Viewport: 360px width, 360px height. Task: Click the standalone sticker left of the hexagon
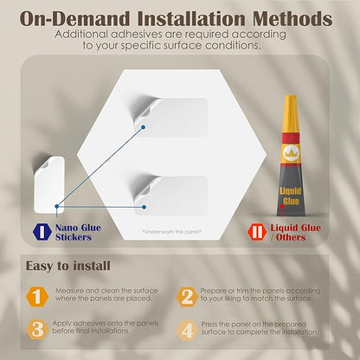pos(48,182)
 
